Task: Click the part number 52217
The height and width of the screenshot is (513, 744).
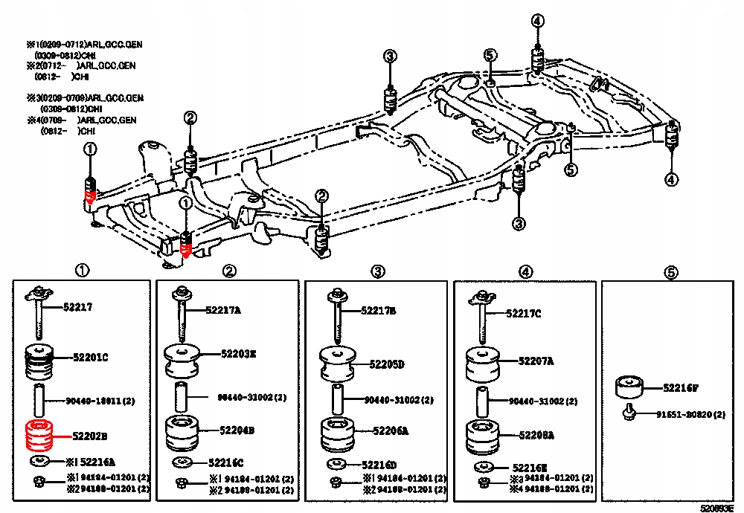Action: pos(79,306)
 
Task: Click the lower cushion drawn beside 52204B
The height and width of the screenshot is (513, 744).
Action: pos(182,433)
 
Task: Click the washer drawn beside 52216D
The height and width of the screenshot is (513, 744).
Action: pos(336,465)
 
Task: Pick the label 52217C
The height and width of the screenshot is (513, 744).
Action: pos(524,314)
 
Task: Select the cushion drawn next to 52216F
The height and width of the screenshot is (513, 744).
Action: pos(628,388)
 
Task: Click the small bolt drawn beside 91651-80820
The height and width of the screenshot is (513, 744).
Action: pos(629,413)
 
